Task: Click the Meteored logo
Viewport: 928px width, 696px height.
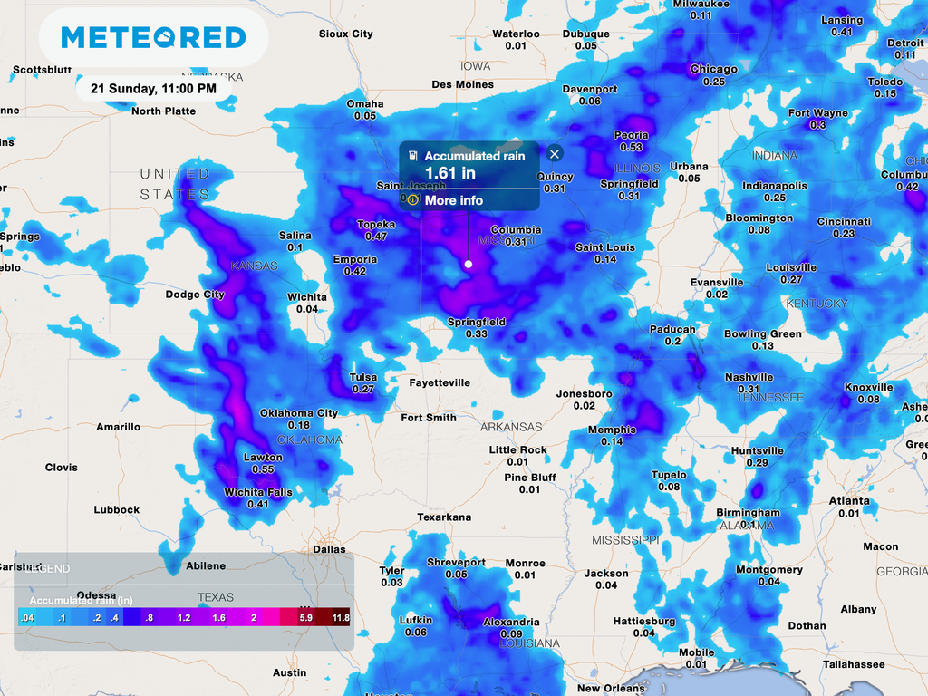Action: [x=153, y=37]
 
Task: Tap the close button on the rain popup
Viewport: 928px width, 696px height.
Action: [x=556, y=154]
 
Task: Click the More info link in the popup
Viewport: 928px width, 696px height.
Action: [x=453, y=200]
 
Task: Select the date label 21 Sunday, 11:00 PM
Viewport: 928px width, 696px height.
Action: [x=153, y=89]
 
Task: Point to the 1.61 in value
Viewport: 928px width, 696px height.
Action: [x=450, y=172]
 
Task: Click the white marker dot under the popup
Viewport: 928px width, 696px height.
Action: [x=469, y=264]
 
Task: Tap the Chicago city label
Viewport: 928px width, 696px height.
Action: [x=713, y=69]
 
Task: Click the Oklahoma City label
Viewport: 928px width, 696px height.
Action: [x=299, y=413]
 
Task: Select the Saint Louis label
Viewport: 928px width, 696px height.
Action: [x=605, y=247]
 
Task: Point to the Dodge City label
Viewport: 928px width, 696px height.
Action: [x=195, y=295]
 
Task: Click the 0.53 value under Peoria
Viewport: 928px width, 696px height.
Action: [x=631, y=147]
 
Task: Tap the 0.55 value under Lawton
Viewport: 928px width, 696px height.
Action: [x=263, y=469]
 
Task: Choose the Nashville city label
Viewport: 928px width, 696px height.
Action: [x=749, y=377]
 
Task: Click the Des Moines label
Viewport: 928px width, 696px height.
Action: [x=462, y=84]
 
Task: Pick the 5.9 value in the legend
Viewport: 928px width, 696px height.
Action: [x=305, y=617]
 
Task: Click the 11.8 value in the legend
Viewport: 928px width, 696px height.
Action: [x=341, y=617]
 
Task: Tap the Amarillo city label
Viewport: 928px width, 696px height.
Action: [x=119, y=427]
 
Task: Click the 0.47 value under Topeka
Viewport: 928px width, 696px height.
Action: [x=376, y=237]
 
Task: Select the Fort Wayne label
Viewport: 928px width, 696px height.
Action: [x=817, y=113]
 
